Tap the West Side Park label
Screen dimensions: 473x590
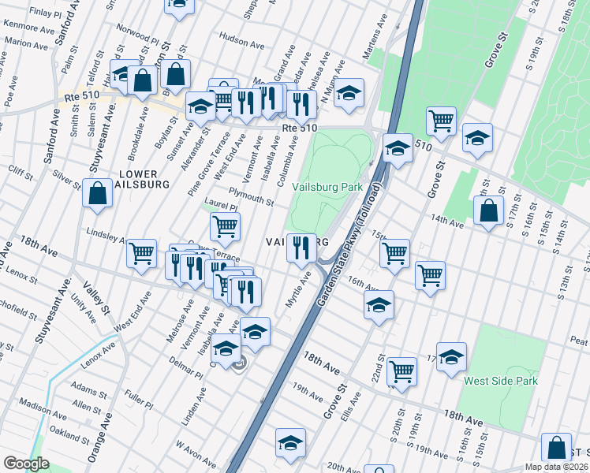click(x=501, y=381)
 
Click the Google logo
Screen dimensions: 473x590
click(x=26, y=464)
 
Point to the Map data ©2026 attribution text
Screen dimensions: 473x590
click(x=555, y=466)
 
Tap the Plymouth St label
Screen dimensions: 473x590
click(x=251, y=196)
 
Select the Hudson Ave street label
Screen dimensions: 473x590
click(x=241, y=38)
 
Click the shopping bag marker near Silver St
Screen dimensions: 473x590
click(x=97, y=193)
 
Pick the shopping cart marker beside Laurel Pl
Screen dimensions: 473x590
click(x=225, y=227)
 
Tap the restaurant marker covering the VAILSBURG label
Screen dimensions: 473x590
click(x=301, y=248)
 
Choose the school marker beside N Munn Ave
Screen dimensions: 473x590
click(x=348, y=92)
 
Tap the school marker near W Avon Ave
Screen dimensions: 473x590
click(x=290, y=443)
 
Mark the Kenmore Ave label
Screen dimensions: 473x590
click(x=28, y=26)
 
